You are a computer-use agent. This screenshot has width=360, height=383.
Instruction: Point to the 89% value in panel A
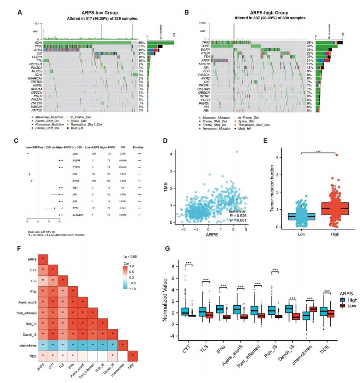142,43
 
